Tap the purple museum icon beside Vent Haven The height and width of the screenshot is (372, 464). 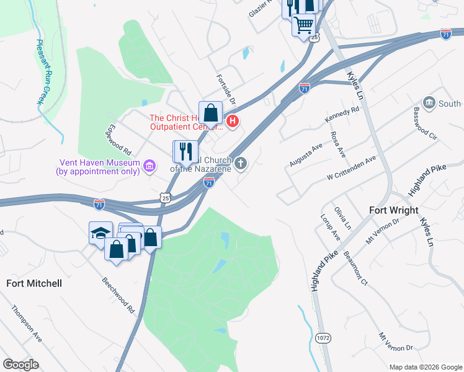(149, 166)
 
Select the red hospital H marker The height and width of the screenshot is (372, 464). (233, 121)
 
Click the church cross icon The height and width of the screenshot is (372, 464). (241, 164)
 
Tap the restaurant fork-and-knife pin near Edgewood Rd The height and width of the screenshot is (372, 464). (185, 151)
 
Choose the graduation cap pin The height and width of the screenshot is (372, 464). (100, 233)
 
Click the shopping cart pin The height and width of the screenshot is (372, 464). (303, 25)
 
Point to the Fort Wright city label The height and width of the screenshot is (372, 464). (393, 210)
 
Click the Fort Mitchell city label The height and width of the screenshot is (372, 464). (34, 283)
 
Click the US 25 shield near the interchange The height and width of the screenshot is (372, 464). (164, 198)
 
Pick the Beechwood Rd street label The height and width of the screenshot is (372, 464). (118, 293)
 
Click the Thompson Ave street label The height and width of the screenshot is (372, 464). (26, 324)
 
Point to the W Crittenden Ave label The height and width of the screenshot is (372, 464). (352, 168)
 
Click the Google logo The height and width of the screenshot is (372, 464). (21, 365)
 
